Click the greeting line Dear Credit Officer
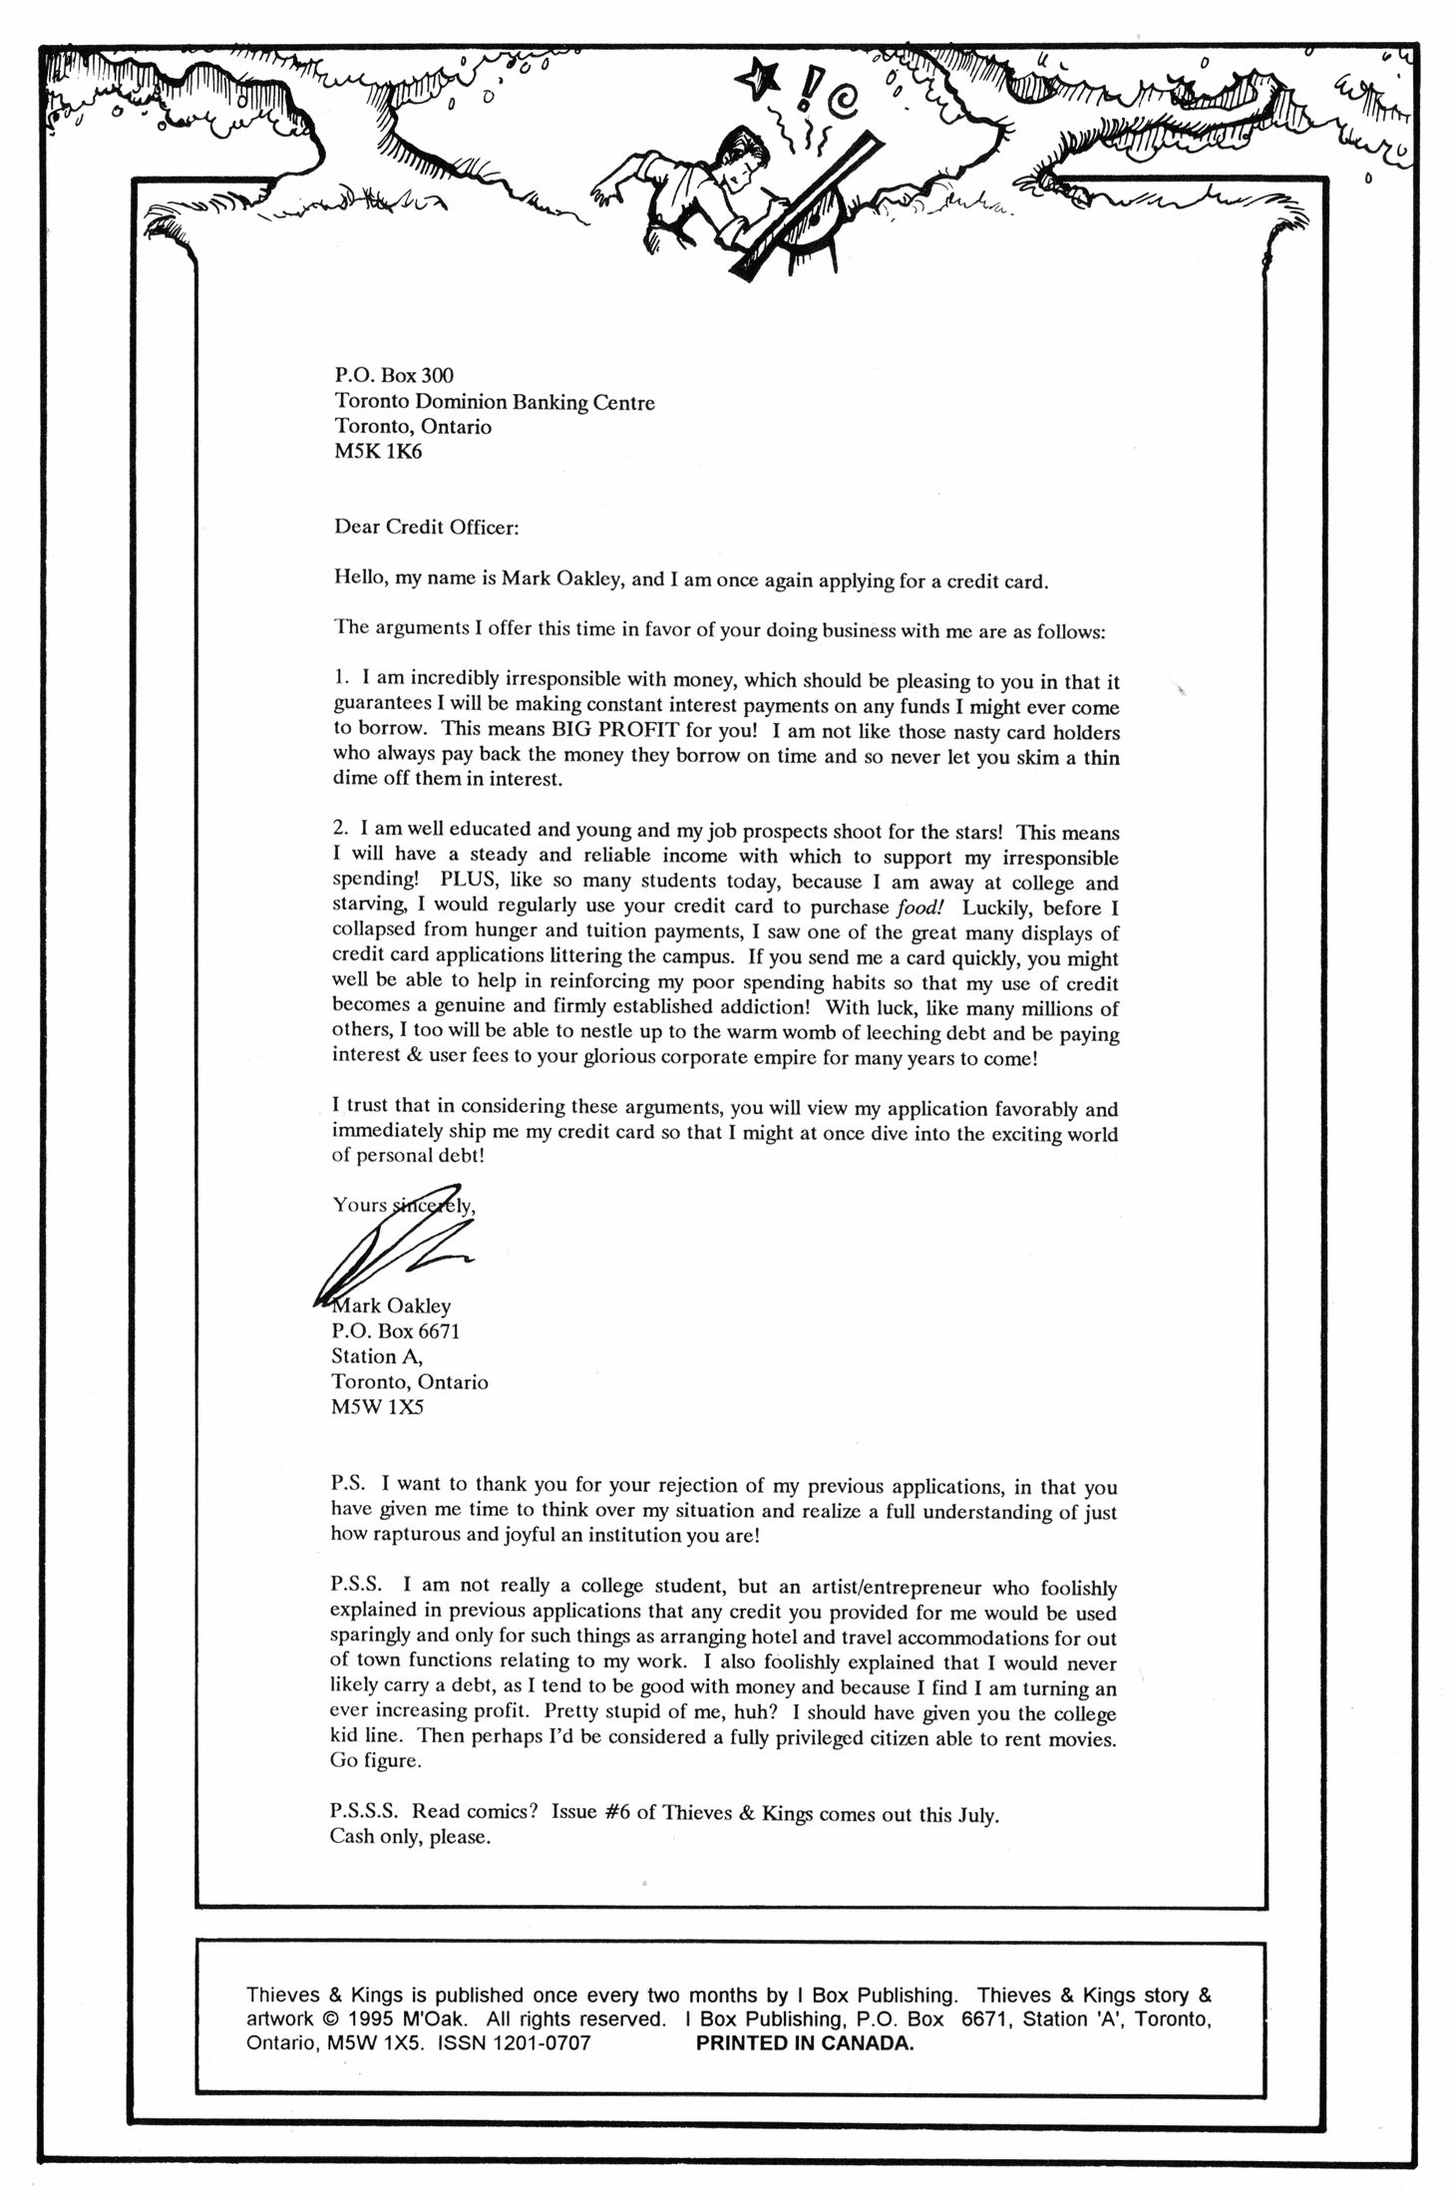click(426, 528)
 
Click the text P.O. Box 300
click(393, 375)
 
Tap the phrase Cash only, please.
click(410, 1836)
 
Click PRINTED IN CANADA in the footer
click(804, 2043)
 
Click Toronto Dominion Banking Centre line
click(494, 402)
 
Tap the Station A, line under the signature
click(377, 1356)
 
